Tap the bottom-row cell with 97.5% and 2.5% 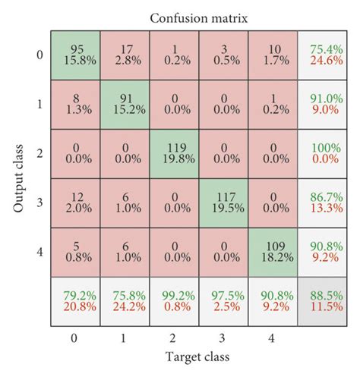pos(225,303)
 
